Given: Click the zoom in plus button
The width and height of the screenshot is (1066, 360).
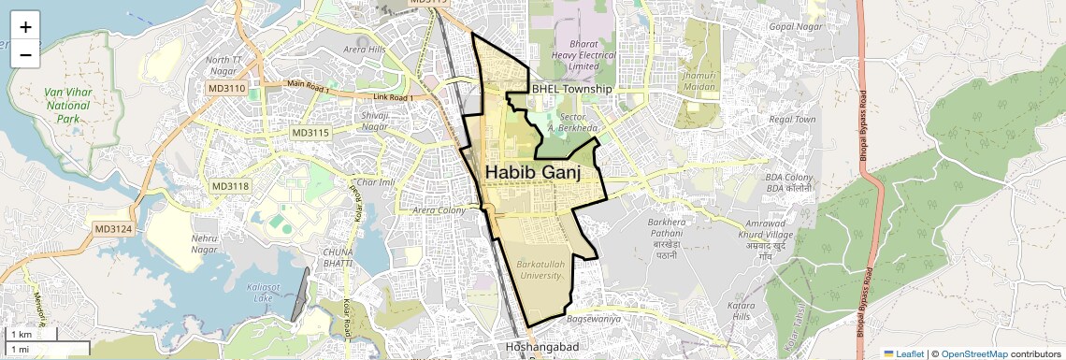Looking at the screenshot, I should (25, 27).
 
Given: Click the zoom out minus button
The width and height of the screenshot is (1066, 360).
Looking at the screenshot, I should (25, 55).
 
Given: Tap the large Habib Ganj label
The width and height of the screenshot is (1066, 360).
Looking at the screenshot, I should (533, 173).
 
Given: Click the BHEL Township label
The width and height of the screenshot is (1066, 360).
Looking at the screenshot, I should (571, 89).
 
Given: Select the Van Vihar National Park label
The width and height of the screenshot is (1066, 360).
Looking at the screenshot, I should (66, 106).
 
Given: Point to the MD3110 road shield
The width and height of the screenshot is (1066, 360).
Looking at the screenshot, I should (226, 88).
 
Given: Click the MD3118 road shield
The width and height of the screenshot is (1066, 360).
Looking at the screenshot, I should (230, 186).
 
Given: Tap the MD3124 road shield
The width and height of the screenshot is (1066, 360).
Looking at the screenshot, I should (113, 228).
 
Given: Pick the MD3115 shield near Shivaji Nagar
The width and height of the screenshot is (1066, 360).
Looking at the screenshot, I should (310, 133).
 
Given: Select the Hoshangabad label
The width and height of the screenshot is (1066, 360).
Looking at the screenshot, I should (542, 347).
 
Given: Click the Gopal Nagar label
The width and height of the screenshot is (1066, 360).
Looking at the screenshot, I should (793, 26).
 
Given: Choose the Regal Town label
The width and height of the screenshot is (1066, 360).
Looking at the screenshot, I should (792, 120).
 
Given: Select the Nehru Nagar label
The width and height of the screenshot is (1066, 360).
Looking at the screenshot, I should (204, 244).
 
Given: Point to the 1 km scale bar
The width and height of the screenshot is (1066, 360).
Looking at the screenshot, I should (32, 334).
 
